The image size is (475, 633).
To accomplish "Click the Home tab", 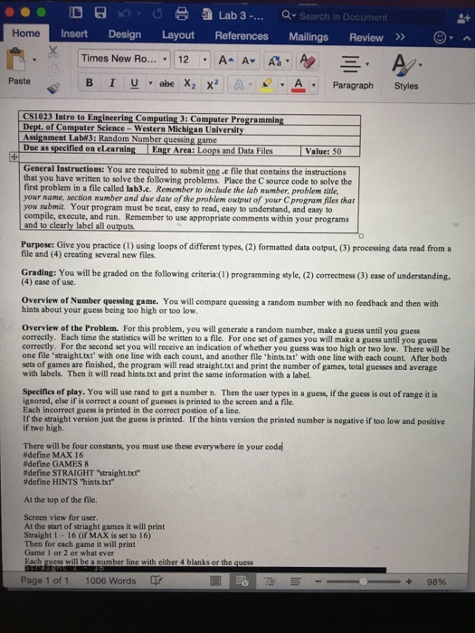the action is (x=26, y=33).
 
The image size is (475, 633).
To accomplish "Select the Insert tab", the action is (x=74, y=34).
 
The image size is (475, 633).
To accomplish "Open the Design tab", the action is (x=124, y=34).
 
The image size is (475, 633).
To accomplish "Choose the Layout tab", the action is (x=177, y=34).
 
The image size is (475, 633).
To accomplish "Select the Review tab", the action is (x=366, y=37).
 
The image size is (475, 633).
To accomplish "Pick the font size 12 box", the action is (x=182, y=59).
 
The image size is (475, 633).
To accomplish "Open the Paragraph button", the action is (x=350, y=85).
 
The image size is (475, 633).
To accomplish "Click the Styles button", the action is (x=406, y=86).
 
